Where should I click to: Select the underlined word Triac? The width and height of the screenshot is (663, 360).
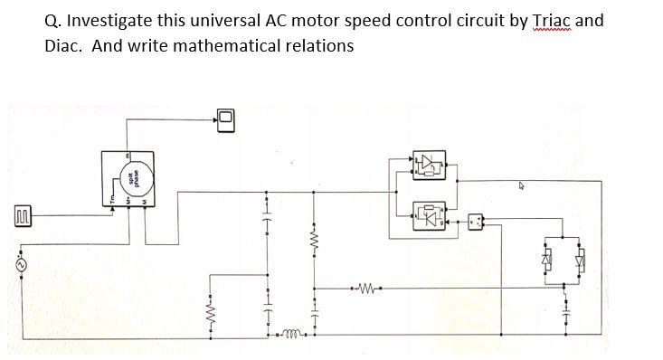pos(554,21)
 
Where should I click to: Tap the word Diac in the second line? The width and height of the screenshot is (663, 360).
pos(63,45)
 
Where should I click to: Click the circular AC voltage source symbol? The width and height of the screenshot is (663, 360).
pos(20,264)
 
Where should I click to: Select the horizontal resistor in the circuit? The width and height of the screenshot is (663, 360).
pos(367,290)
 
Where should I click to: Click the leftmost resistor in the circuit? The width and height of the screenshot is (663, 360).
pos(211,314)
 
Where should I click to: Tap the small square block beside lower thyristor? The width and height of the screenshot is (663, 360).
pos(477,220)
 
